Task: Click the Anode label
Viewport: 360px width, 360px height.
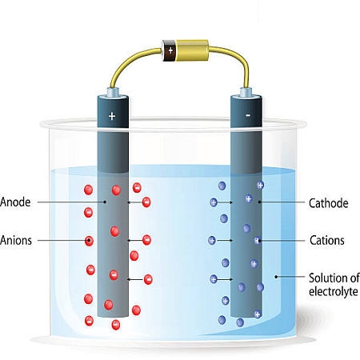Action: click(15, 202)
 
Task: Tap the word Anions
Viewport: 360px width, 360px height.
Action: click(16, 240)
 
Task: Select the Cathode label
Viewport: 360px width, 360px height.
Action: click(329, 203)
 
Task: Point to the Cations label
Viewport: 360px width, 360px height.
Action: click(327, 240)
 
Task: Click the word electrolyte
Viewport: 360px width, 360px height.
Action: click(334, 291)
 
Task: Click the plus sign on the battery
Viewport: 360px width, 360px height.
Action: click(170, 50)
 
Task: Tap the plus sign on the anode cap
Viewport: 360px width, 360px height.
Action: click(112, 116)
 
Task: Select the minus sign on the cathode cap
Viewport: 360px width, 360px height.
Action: click(248, 115)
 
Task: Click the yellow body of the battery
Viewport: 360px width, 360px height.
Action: click(192, 50)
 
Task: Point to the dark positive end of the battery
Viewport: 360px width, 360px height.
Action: click(169, 50)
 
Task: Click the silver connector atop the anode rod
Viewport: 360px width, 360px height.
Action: click(113, 92)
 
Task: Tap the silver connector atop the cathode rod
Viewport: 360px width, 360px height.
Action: click(246, 92)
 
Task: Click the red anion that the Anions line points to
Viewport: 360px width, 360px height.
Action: click(89, 241)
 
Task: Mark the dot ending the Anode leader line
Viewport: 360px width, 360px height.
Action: click(105, 202)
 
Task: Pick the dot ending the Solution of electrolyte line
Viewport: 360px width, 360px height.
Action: click(276, 277)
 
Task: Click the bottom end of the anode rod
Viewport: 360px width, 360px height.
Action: click(113, 316)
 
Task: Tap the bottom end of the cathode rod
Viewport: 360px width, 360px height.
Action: click(246, 316)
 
